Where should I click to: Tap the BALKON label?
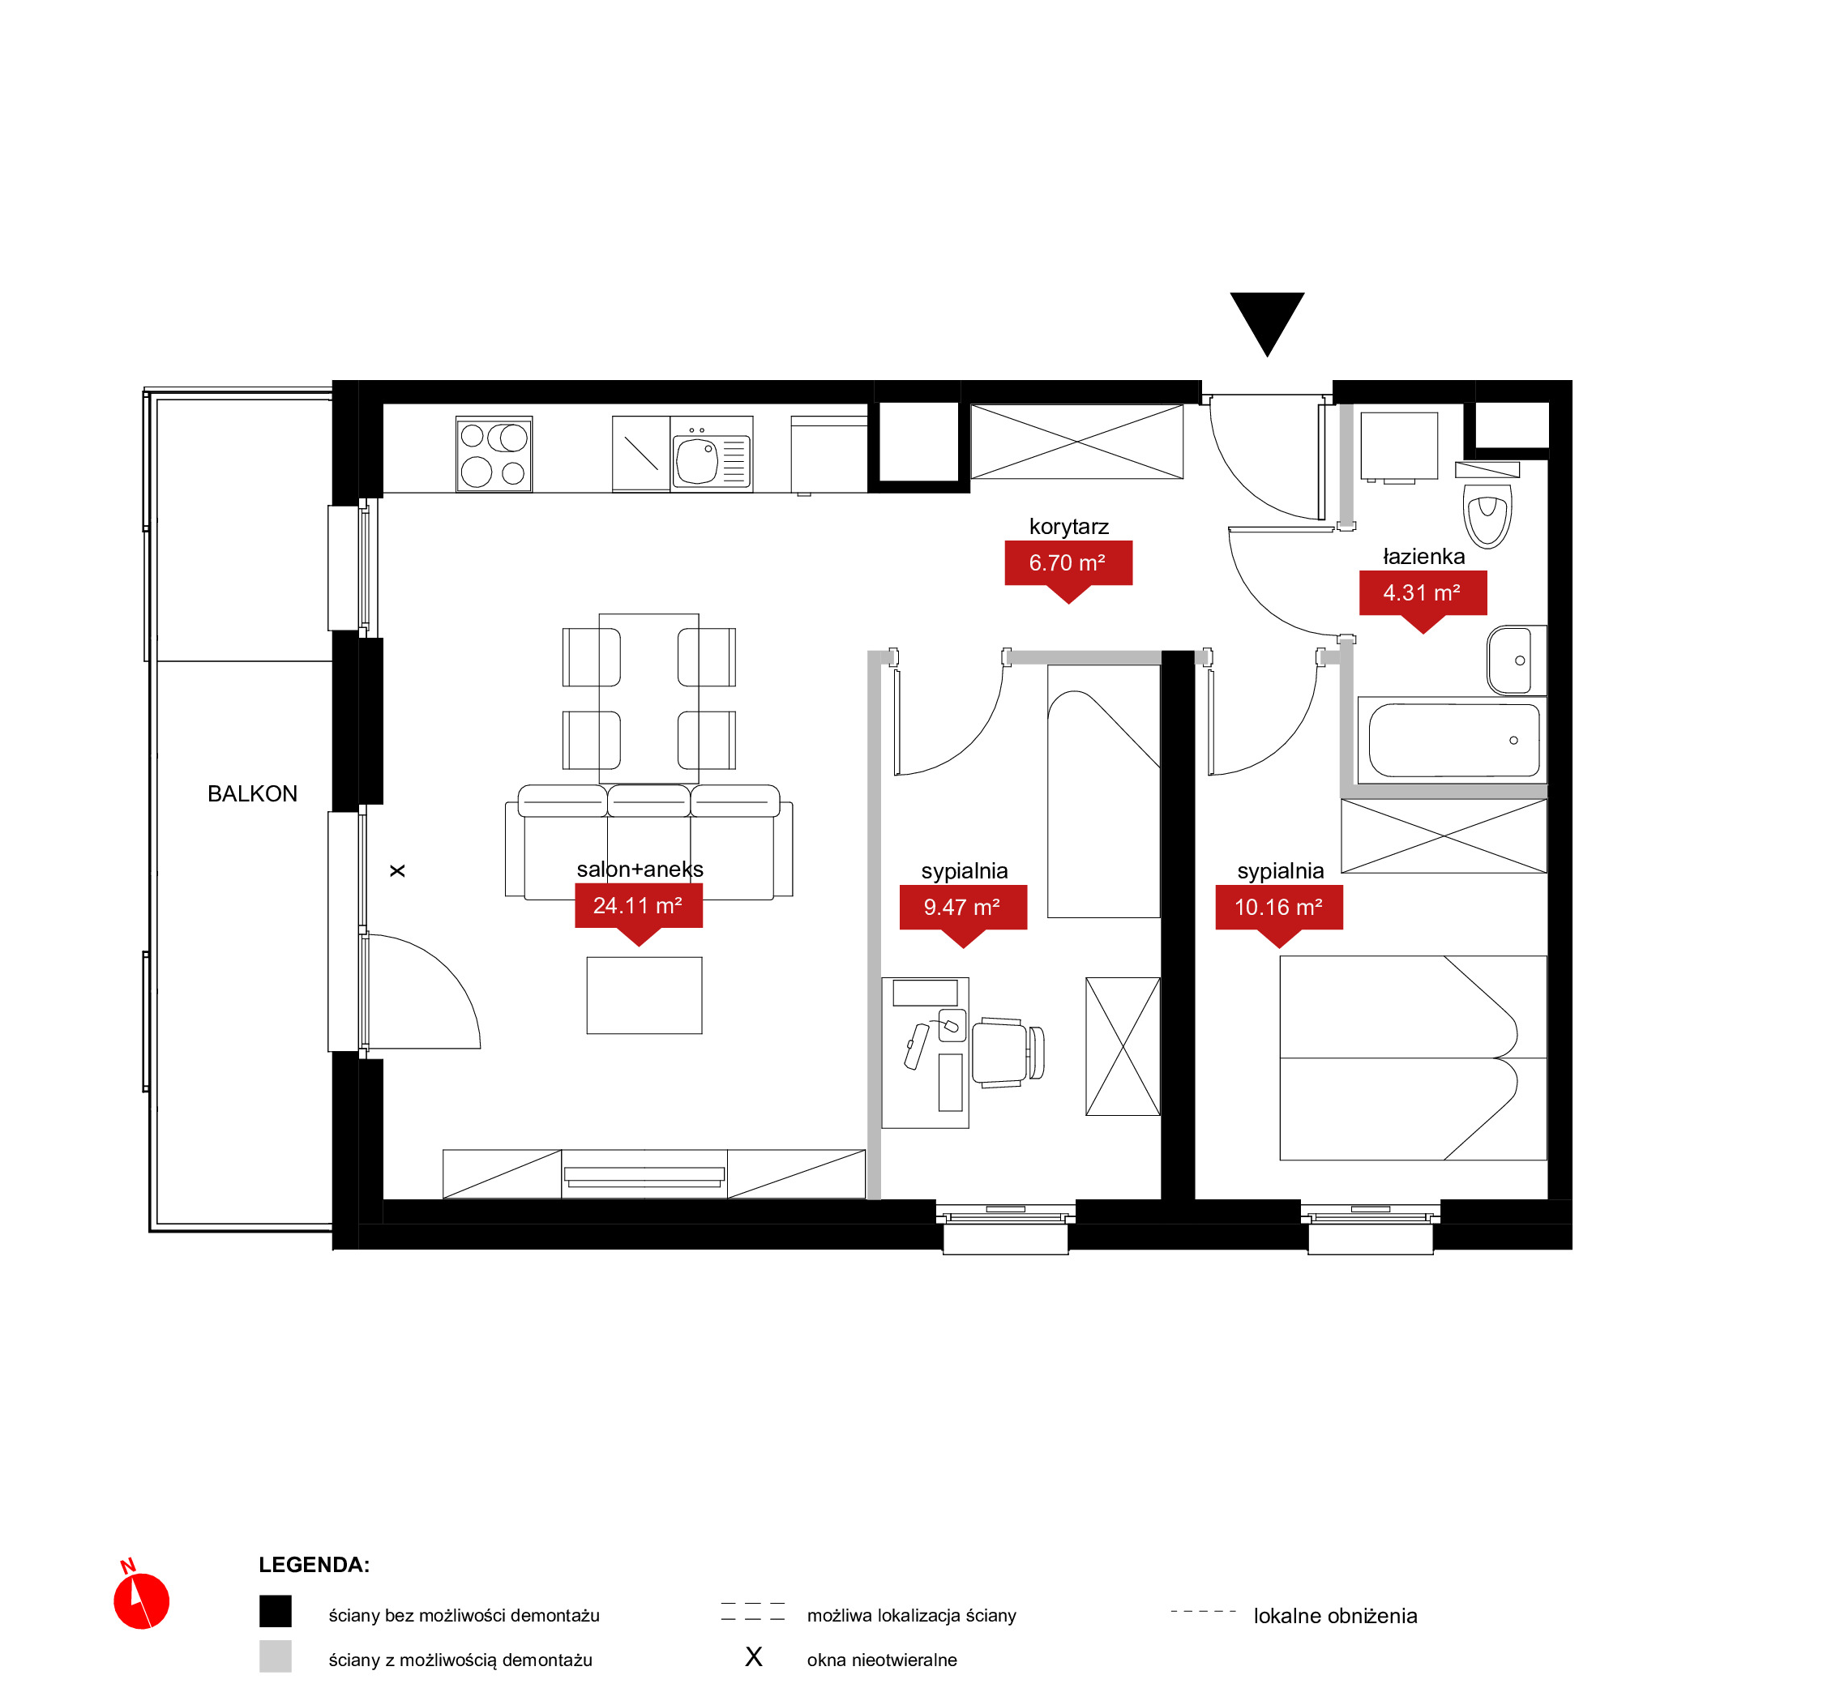tap(252, 794)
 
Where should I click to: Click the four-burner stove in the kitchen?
tap(494, 455)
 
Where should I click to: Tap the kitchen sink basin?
tap(697, 460)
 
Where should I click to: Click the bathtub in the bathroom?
tap(1452, 740)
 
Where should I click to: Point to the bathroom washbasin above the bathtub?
tap(1517, 660)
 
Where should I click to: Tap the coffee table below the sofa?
tap(644, 996)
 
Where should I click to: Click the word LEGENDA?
tap(314, 1565)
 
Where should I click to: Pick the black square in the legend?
tap(275, 1611)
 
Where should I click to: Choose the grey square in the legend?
tap(275, 1656)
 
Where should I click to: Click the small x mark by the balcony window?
tap(397, 871)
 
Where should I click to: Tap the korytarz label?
tap(1069, 527)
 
